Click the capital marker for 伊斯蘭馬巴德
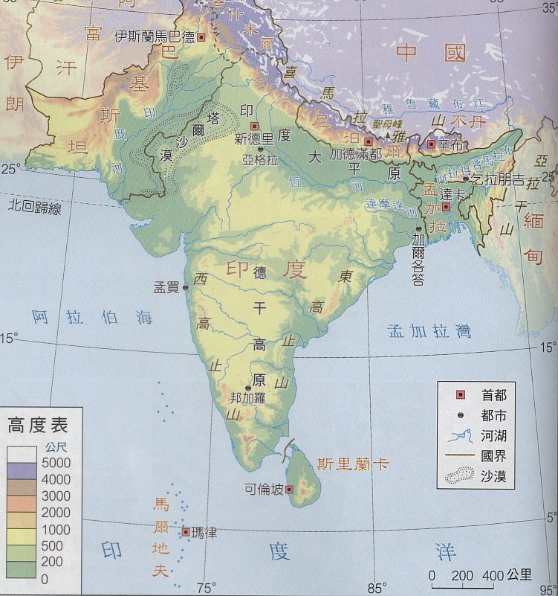(x=200, y=36)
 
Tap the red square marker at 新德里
(x=255, y=126)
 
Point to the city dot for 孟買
(x=185, y=287)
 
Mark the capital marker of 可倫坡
(x=289, y=489)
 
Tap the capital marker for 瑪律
(x=186, y=531)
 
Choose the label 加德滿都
(x=355, y=154)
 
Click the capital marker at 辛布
(x=432, y=143)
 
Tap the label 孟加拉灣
(x=429, y=332)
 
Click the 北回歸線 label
(x=34, y=206)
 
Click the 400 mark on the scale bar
(x=492, y=574)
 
